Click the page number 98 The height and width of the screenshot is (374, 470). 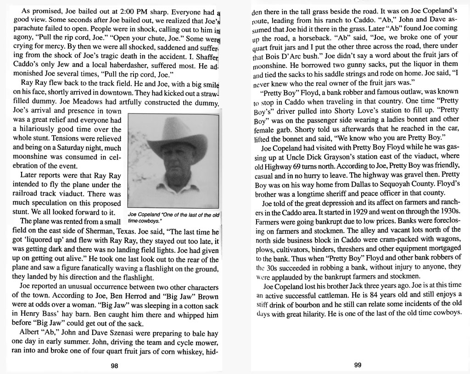[114, 365]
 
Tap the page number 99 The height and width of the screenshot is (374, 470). [358, 365]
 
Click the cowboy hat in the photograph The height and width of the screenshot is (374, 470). [176, 138]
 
